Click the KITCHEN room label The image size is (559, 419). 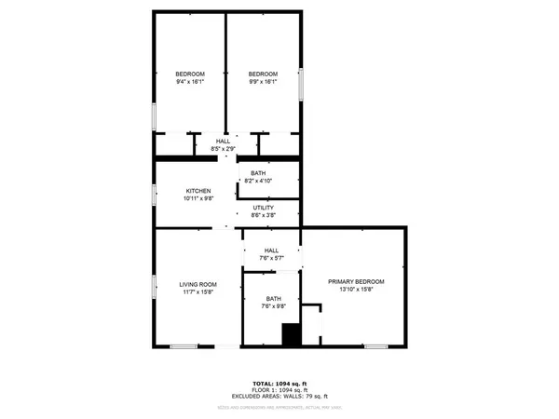(198, 191)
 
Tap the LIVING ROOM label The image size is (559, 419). (198, 284)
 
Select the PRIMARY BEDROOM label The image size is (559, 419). (356, 281)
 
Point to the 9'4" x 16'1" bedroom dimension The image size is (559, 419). (190, 82)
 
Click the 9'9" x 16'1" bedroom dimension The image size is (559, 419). (263, 82)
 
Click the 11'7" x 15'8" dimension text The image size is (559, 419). (198, 292)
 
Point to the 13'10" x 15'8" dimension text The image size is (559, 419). (356, 290)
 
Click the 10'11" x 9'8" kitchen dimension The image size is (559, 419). (198, 199)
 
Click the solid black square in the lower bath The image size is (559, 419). (293, 334)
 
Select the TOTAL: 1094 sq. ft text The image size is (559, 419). (279, 382)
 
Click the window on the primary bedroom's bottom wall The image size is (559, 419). (375, 346)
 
